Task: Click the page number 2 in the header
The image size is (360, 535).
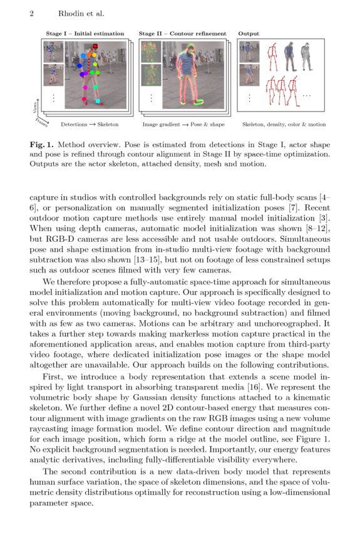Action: coord(31,13)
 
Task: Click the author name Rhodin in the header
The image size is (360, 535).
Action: coord(69,13)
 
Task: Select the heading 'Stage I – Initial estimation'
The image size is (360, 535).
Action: coord(85,34)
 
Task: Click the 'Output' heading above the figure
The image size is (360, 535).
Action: coord(249,34)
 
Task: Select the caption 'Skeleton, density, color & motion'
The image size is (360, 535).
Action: coord(284,125)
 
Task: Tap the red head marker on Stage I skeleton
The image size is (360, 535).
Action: coord(95,46)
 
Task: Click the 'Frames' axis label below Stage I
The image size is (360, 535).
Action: coord(43,121)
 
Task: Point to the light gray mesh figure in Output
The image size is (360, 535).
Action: coord(306,58)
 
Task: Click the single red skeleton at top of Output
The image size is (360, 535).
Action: coord(272,58)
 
